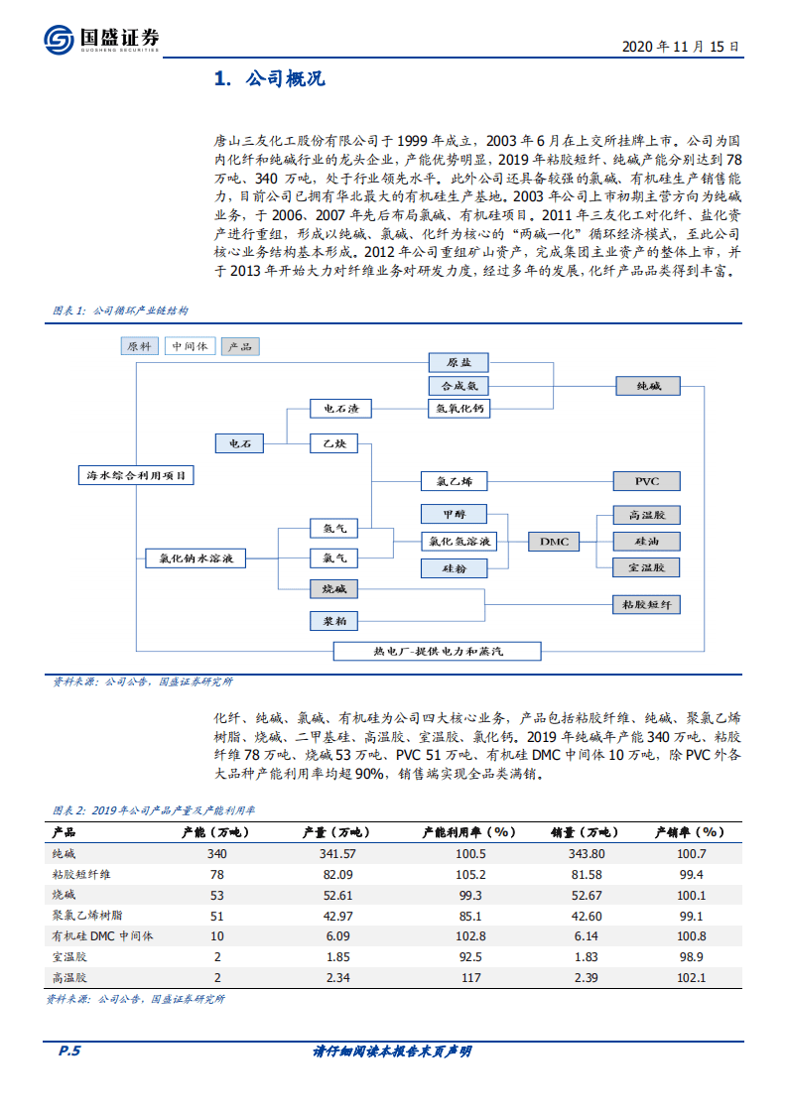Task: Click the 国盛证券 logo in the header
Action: click(100, 39)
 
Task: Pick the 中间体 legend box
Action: click(189, 346)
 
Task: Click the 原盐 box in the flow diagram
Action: click(459, 362)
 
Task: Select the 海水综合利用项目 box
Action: click(136, 475)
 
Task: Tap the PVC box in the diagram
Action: click(647, 481)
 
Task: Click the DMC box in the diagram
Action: click(555, 541)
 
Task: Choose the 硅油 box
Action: click(647, 541)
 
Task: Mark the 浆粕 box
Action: click(333, 621)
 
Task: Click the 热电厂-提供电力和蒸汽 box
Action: click(437, 651)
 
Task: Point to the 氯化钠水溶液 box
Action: click(196, 558)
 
